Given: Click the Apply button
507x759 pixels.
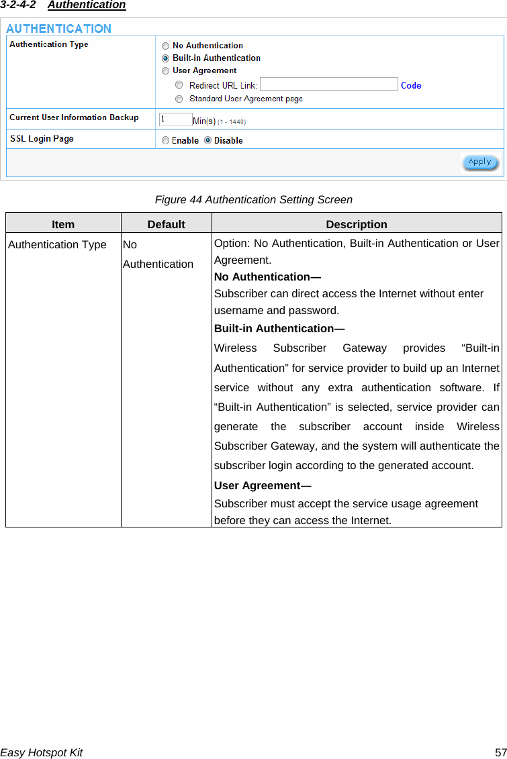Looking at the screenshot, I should [x=479, y=162].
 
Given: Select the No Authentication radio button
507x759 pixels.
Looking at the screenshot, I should [x=165, y=46].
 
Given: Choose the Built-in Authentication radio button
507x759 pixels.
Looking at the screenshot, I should [x=165, y=58].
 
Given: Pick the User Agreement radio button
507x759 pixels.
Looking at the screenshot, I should [x=165, y=70].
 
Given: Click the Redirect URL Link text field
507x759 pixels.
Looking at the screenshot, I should [x=328, y=85].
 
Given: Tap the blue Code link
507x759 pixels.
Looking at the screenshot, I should [x=411, y=85].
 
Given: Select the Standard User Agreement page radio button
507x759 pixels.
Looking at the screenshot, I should [x=179, y=99].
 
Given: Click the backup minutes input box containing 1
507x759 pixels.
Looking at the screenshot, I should [x=175, y=119].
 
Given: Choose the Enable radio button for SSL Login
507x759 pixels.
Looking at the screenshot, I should [x=165, y=140].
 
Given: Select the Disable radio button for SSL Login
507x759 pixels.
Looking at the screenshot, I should [x=208, y=140].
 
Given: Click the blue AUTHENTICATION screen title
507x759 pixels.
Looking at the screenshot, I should [x=59, y=29].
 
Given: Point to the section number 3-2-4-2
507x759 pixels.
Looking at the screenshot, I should [x=18, y=5].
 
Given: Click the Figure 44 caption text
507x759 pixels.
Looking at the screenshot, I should [x=253, y=199].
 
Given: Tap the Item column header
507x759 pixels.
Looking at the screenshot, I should [x=63, y=224].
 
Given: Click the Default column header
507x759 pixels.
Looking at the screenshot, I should [x=166, y=224].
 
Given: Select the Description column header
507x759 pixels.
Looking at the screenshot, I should [x=357, y=224].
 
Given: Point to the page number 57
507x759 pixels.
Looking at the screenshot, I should [x=500, y=752].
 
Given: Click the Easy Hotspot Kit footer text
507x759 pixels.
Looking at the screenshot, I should [x=42, y=752].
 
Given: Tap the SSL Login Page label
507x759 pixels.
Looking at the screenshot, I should [x=42, y=139].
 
